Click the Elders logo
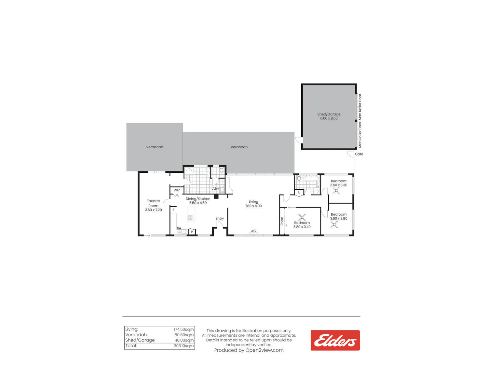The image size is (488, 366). tap(335, 340)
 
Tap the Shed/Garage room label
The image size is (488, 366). tap(329, 114)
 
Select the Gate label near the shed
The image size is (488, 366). tap(359, 154)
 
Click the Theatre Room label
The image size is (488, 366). tap(153, 203)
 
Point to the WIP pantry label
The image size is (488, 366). tap(177, 190)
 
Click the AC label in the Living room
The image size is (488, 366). tap(253, 231)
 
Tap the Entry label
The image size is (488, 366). tap(220, 218)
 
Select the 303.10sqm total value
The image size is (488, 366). tap(183, 346)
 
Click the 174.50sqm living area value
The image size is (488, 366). tap(183, 329)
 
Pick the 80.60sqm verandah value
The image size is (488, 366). tap(184, 335)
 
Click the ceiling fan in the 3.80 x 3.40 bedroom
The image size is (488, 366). tap(302, 218)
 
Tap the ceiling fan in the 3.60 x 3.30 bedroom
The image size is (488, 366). tap(336, 191)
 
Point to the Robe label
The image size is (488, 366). tap(282, 221)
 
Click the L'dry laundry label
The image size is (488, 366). tap(215, 188)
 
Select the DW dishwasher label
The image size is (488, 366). tap(179, 228)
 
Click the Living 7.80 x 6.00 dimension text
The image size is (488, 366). tap(253, 206)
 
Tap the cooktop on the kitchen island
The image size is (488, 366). tap(190, 218)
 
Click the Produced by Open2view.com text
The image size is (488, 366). tap(249, 350)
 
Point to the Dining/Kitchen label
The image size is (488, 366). tap(198, 199)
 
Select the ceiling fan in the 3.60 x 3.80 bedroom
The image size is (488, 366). tap(334, 224)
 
